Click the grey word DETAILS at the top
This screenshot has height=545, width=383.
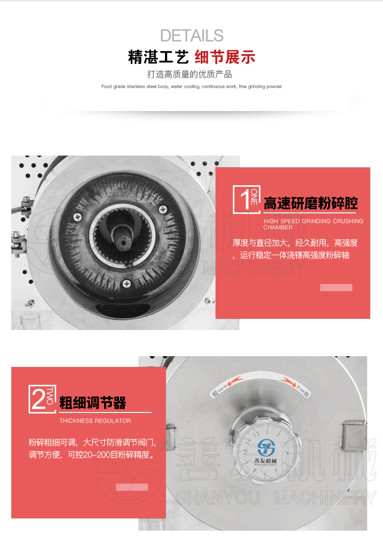tap(192, 35)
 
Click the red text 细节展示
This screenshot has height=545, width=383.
tap(225, 57)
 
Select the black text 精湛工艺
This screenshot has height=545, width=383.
tap(159, 57)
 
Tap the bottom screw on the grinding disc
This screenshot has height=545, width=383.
tap(127, 282)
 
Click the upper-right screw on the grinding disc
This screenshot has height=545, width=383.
tap(163, 208)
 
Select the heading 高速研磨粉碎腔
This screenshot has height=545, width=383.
tap(310, 204)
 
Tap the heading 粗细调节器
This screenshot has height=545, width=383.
tap(92, 403)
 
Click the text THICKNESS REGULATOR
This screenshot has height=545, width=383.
tap(95, 421)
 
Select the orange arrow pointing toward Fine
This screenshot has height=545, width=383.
tap(285, 382)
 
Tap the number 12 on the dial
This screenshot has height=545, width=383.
tap(264, 433)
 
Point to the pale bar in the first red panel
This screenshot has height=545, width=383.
tap(336, 288)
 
